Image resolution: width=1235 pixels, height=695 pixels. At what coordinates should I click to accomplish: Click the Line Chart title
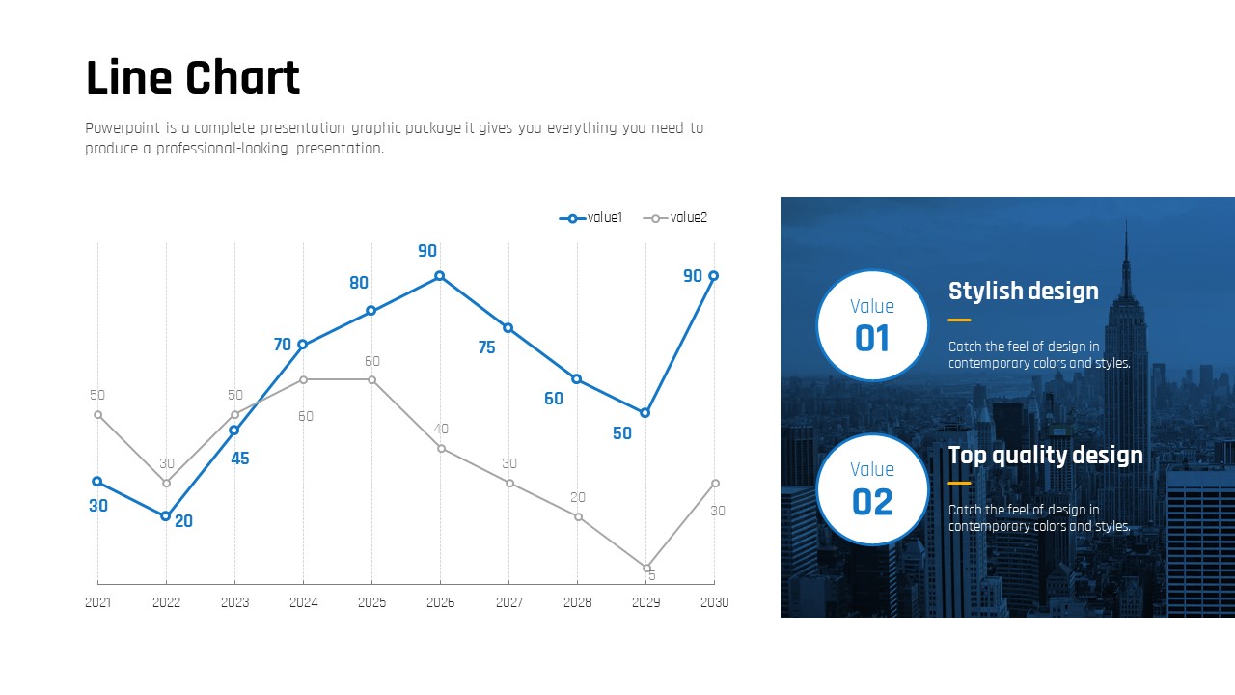193,78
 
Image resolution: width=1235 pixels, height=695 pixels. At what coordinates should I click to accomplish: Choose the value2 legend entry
675,218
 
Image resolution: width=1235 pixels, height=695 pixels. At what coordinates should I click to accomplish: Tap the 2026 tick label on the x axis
440,602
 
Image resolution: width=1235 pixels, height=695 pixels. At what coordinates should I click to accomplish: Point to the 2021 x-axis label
97,602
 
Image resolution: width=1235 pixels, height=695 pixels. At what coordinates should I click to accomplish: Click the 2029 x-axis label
645,602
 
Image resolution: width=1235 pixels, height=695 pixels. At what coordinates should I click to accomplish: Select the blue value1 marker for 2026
440,276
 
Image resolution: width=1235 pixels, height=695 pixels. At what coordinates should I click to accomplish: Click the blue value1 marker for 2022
166,516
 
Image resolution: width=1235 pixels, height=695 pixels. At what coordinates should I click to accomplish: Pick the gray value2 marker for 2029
646,568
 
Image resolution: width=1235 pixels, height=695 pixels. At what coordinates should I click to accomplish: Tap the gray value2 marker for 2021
97,414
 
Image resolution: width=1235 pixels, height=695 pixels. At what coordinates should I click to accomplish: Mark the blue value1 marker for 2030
714,276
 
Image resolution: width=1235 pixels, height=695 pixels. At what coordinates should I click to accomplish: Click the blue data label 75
486,347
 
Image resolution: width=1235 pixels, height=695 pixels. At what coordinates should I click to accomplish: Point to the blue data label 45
239,459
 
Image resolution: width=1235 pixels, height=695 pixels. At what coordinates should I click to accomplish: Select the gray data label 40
441,429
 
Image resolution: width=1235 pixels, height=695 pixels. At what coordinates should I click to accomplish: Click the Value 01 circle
872,325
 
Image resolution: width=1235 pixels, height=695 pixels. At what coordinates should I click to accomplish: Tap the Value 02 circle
872,489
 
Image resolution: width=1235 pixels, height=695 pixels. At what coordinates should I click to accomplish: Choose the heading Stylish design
1023,291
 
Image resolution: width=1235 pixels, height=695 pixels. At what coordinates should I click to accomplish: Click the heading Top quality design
1045,455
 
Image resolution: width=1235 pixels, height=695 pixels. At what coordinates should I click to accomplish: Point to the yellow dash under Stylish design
959,320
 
